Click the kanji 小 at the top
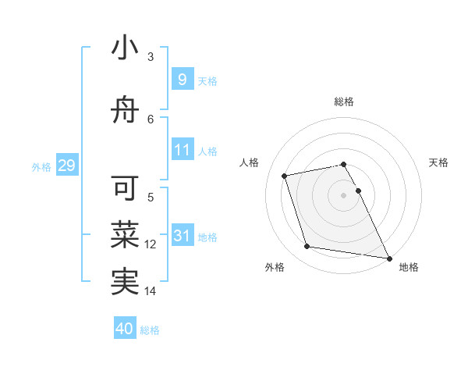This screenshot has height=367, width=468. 125,49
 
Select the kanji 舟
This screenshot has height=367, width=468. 125,111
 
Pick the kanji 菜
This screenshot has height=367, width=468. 125,233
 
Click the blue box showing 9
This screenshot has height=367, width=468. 182,80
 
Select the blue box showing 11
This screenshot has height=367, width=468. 182,150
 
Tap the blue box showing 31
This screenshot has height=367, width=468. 182,236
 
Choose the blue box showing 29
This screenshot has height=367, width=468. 66,166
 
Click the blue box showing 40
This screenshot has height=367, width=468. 125,329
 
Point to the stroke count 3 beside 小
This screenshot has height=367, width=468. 151,56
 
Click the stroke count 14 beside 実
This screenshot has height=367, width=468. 151,291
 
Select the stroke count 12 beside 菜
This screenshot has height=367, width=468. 151,244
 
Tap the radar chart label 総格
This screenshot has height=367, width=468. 344,102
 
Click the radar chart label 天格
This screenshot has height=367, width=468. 438,162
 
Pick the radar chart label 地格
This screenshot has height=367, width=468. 409,267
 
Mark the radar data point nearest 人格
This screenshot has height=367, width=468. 285,176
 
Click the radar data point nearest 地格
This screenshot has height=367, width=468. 388,258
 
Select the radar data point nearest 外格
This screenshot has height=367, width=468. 307,247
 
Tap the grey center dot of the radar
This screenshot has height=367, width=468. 344,194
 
